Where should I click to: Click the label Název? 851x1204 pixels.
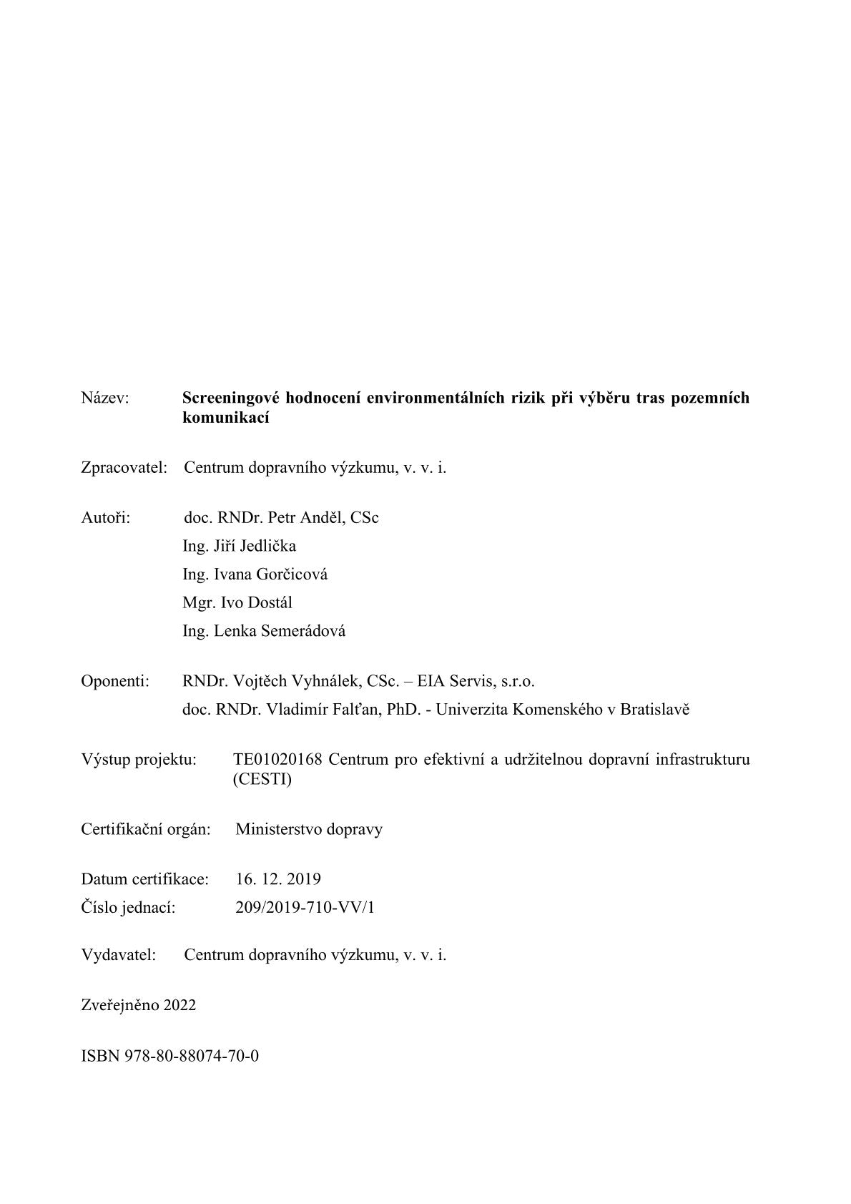[x=105, y=398]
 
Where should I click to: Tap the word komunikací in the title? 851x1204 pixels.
[x=226, y=419]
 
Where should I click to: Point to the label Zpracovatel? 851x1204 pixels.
[x=124, y=468]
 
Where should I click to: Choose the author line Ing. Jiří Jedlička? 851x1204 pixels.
[x=239, y=547]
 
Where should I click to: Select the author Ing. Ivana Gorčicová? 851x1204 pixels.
[x=255, y=574]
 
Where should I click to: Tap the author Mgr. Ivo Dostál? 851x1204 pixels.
[x=237, y=603]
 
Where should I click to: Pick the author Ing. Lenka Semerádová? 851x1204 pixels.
[x=264, y=631]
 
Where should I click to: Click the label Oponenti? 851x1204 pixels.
[x=115, y=681]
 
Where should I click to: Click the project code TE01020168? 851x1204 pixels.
[x=277, y=759]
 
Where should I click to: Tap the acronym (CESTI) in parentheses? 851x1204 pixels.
[x=262, y=780]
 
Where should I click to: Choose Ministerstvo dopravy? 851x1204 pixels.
[x=309, y=830]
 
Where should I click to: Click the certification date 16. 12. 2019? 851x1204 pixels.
[x=278, y=879]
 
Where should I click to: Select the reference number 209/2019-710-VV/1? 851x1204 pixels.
[x=305, y=908]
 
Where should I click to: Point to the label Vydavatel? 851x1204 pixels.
[x=119, y=955]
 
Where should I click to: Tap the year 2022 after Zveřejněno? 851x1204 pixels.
[x=179, y=1005]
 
